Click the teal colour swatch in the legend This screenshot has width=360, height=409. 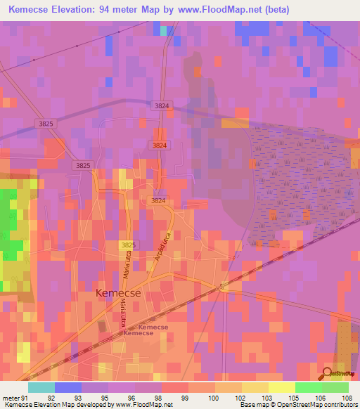tap(41, 387)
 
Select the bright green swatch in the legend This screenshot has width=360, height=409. tap(308, 387)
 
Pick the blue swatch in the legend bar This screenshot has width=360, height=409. tap(68, 387)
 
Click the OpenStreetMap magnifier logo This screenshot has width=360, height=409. tap(327, 373)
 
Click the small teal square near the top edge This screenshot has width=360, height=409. tap(164, 31)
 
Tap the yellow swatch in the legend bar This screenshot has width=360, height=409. tap(281, 387)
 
